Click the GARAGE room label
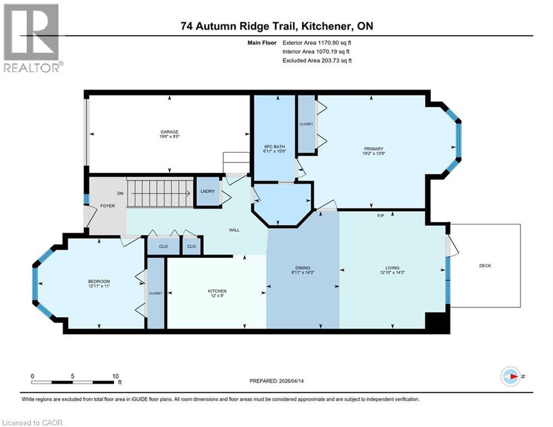(x=170, y=132)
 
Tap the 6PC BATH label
(x=273, y=148)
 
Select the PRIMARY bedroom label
(x=373, y=148)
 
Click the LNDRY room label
(x=207, y=191)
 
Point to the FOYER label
(x=107, y=206)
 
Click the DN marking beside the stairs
(x=119, y=193)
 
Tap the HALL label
(x=234, y=230)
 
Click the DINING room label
(x=303, y=267)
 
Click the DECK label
(x=485, y=265)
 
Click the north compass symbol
(x=510, y=376)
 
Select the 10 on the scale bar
(x=115, y=376)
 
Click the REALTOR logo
(x=32, y=38)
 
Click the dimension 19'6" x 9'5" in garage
(x=170, y=137)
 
